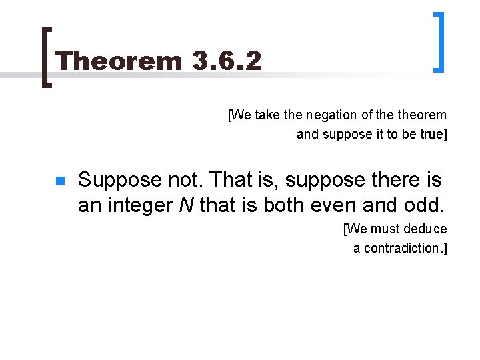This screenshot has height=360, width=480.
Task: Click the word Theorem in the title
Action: tap(119, 61)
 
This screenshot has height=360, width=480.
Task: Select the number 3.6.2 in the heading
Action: tap(225, 61)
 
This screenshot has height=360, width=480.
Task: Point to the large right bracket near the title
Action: tap(439, 41)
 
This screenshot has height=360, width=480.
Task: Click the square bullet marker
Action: tap(59, 181)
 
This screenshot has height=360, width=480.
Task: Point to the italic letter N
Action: tap(186, 205)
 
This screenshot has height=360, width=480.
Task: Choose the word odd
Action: tap(425, 205)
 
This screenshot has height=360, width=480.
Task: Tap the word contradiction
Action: tap(403, 249)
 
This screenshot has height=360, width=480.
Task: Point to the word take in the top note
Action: tap(267, 115)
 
